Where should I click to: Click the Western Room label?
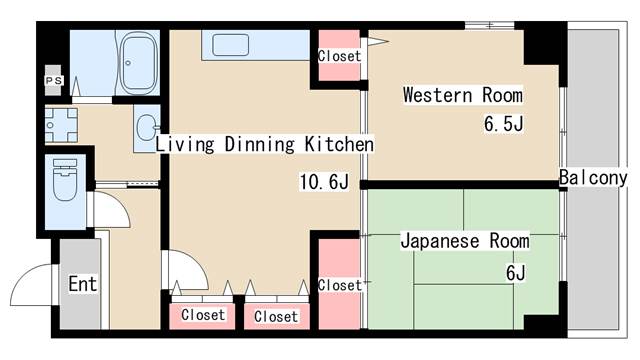pos(462,96)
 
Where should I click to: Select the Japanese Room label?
pos(465,241)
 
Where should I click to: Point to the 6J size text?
pos(515,272)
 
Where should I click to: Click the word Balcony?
pos(593,178)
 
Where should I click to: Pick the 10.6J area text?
pos(324,182)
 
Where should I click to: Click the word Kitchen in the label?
pos(339,145)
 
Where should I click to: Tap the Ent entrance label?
pos(82,284)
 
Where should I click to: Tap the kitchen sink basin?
pos(231,45)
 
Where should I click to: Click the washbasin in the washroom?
pos(147,127)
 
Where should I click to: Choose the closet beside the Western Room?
pos(339,57)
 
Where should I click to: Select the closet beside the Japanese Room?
pos(339,285)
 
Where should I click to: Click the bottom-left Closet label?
pos(203,315)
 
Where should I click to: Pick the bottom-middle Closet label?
pos(276,316)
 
